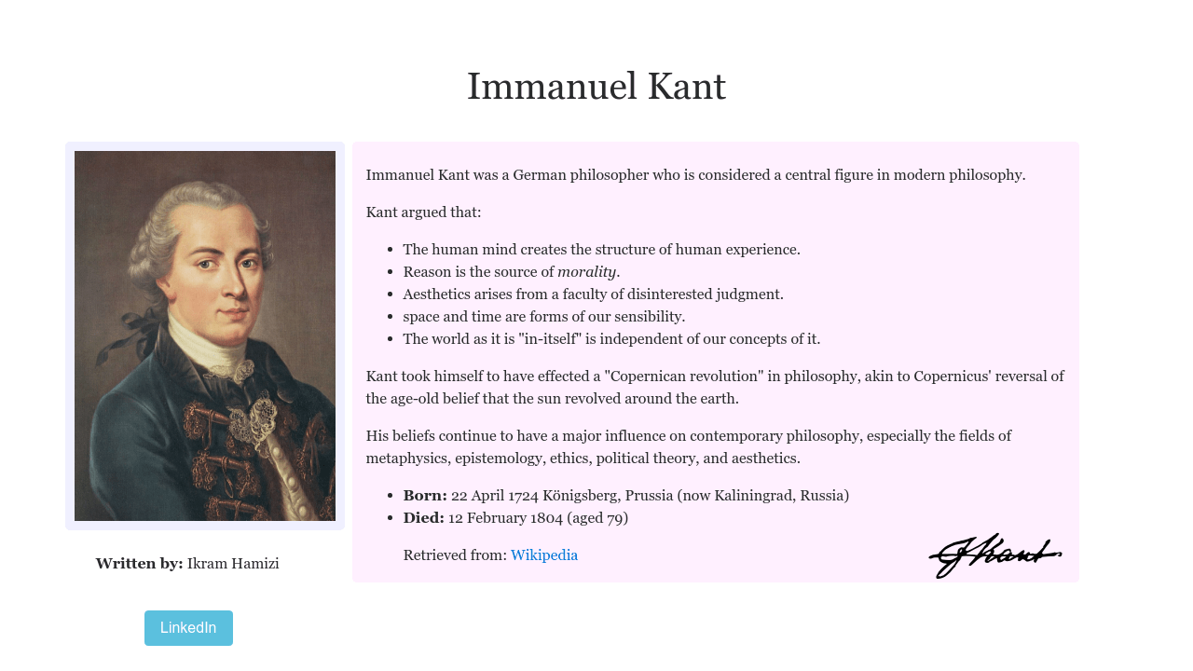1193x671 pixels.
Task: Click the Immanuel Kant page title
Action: click(x=596, y=87)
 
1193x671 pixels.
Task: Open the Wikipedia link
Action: click(x=544, y=555)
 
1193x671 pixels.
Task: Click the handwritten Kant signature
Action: click(x=994, y=555)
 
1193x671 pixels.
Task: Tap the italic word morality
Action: click(x=586, y=272)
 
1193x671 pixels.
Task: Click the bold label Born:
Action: click(x=425, y=496)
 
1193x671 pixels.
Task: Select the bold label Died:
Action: click(x=423, y=518)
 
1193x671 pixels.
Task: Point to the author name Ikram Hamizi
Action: click(x=233, y=564)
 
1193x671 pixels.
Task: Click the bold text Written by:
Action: click(x=139, y=564)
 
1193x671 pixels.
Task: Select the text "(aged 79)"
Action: click(x=597, y=518)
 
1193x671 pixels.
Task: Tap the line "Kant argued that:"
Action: click(x=423, y=212)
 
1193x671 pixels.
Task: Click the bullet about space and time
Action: click(x=543, y=317)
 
